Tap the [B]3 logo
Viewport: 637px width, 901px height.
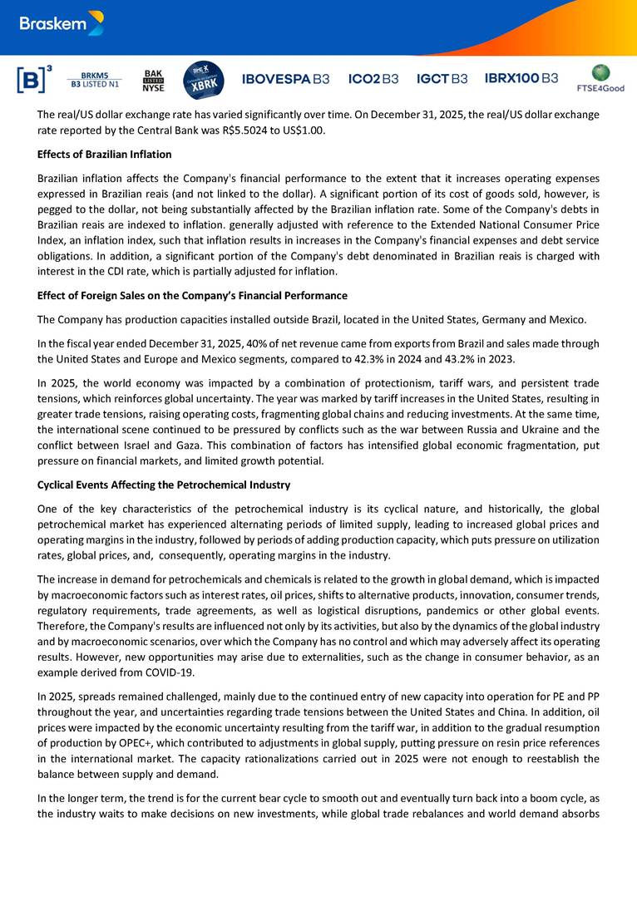point(33,79)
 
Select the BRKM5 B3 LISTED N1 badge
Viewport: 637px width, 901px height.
point(94,79)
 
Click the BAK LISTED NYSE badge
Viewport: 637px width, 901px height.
point(153,80)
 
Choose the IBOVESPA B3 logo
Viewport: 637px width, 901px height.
point(285,79)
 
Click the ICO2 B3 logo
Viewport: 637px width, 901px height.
point(373,79)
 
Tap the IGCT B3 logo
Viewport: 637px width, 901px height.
point(442,79)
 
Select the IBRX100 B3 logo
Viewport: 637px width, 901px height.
point(521,78)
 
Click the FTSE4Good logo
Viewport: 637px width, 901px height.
point(600,78)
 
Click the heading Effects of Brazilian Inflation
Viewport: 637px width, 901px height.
point(105,154)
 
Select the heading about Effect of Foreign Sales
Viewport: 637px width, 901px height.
point(192,295)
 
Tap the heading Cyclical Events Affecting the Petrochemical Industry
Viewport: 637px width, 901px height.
point(164,485)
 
